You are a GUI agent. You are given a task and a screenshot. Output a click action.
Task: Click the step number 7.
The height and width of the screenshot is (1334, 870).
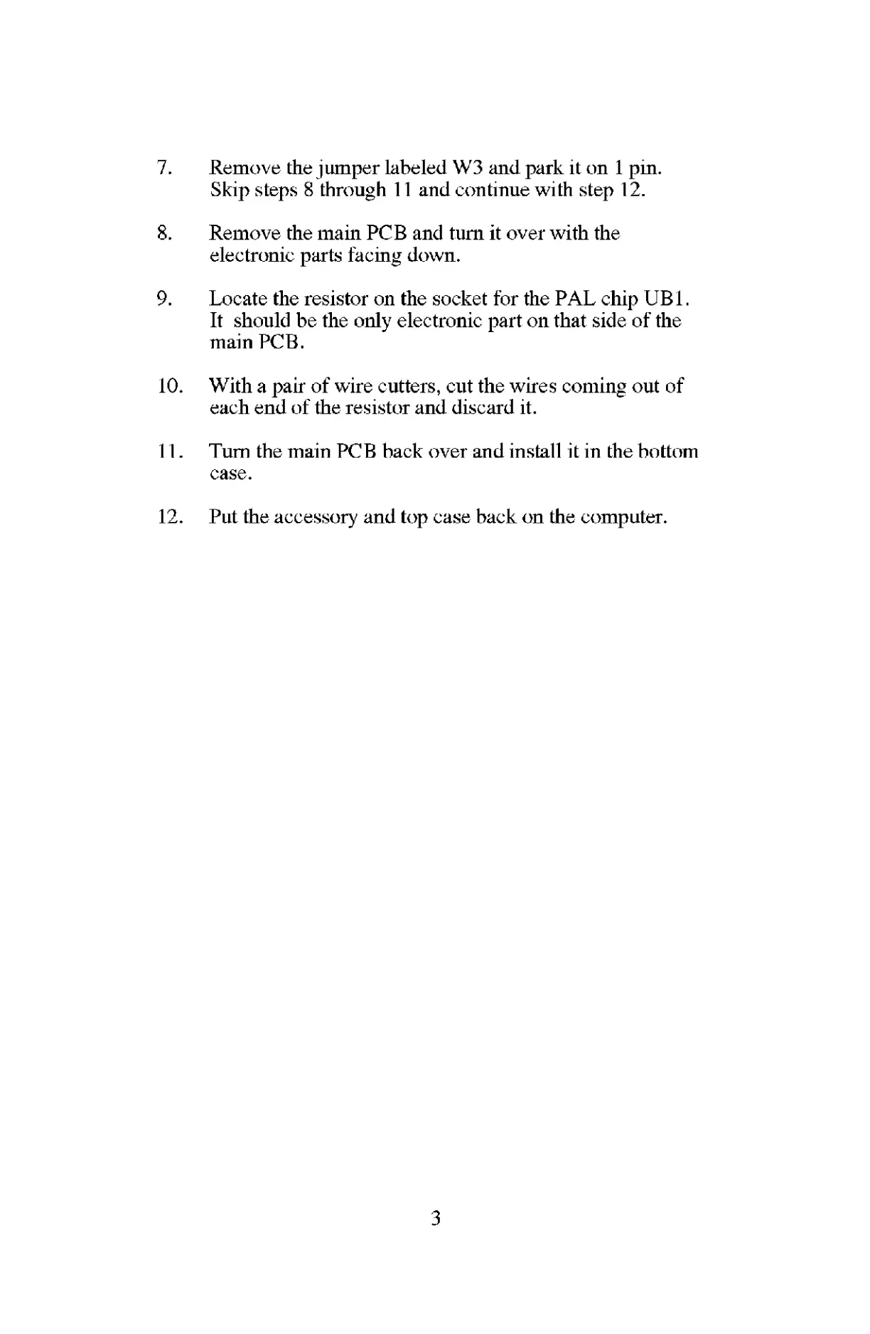coord(163,169)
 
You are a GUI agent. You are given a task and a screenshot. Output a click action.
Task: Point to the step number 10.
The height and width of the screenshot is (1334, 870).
coord(170,386)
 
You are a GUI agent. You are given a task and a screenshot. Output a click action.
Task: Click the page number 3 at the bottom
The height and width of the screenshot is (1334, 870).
coord(436,1220)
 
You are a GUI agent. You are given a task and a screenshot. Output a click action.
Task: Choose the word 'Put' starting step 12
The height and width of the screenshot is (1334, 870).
coord(223,517)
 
